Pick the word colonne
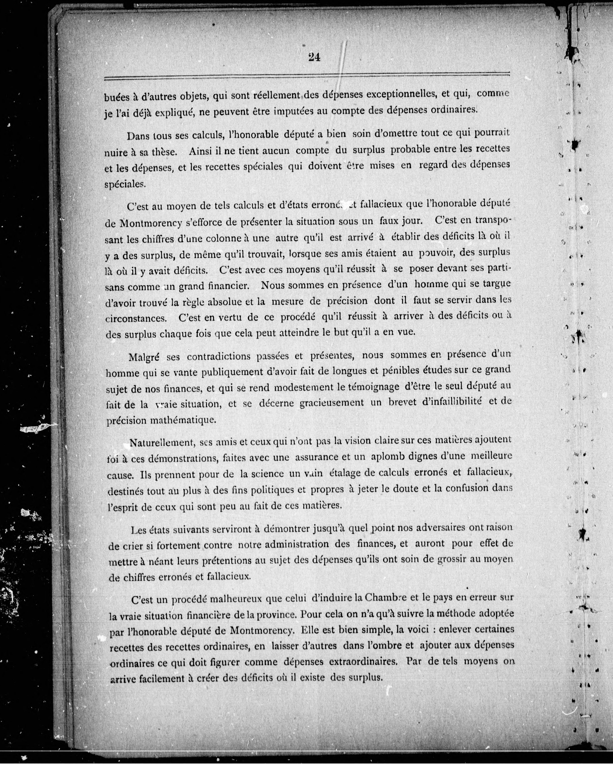point(207,238)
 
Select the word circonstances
point(136,318)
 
